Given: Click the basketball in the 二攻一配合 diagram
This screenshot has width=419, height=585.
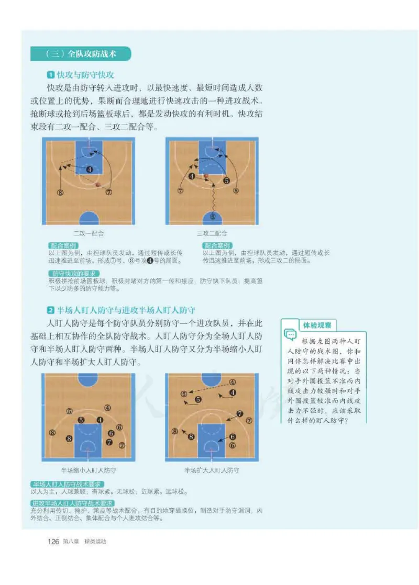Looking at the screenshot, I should tap(98, 184).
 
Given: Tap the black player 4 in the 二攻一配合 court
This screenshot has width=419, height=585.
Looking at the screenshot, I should tap(90, 170).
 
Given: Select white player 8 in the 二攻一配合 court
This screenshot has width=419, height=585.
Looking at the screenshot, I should tap(60, 192).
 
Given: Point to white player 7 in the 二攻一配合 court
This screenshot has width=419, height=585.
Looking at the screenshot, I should tap(108, 192).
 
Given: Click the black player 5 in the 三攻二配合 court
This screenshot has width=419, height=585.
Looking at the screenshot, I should tap(226, 181).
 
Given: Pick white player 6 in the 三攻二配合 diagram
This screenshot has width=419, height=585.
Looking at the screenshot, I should tap(212, 217).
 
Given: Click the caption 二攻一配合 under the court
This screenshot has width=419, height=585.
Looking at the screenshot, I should tap(88, 233).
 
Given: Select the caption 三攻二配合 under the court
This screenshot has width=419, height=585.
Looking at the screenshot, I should tap(212, 233).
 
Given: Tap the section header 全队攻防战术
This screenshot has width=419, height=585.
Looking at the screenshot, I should tap(81, 53).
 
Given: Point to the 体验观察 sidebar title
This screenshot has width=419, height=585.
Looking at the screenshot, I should tap(317, 325).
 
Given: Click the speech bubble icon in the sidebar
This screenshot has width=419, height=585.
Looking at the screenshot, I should tap(290, 334).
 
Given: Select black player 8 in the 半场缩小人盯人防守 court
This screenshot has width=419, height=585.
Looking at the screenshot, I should tap(69, 438).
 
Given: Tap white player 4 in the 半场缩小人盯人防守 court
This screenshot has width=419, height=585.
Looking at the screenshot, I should tap(107, 408).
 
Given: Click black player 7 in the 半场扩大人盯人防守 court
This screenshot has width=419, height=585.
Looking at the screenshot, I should tap(239, 414).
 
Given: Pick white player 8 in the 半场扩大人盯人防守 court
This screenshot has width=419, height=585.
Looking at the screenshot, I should tap(174, 431).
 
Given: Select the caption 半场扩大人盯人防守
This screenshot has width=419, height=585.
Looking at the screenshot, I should tap(212, 470).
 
